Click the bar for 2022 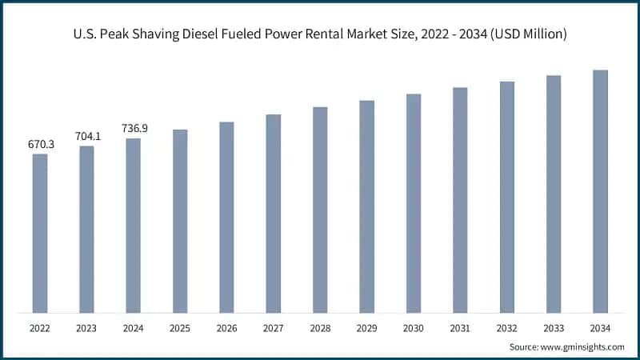coord(40,233)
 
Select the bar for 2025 coord(180,221)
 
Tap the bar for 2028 coord(320,210)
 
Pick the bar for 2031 coord(460,200)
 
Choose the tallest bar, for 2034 coord(600,191)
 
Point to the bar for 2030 coord(414,203)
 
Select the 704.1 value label coord(86,136)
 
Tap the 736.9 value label coord(134,128)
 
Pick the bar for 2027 coord(274,214)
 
